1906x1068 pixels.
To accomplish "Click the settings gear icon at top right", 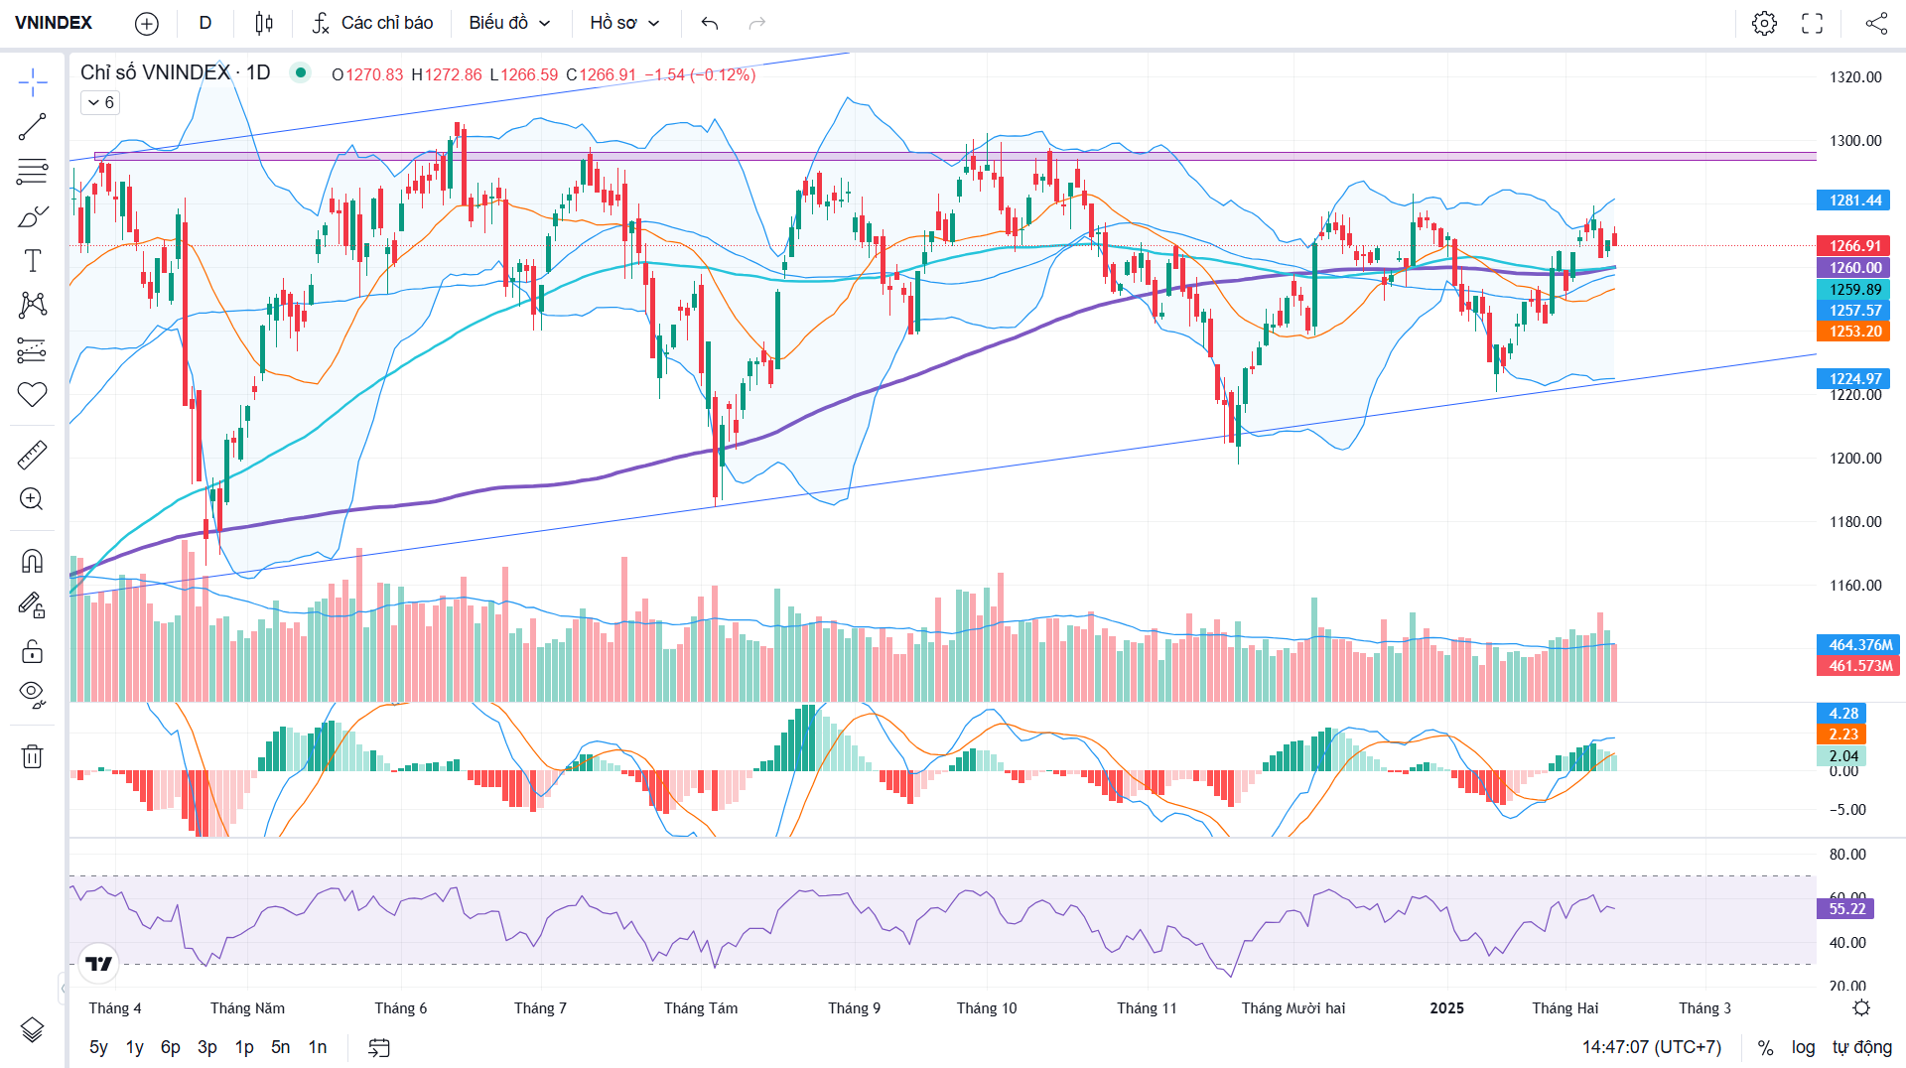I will [x=1764, y=23].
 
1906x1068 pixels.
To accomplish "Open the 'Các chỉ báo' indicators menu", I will [x=372, y=23].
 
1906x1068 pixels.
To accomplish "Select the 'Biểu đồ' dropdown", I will [x=509, y=23].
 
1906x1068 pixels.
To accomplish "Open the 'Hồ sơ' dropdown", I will [x=624, y=23].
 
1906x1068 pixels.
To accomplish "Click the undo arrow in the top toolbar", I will [x=709, y=23].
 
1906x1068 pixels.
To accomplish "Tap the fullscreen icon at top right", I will [x=1812, y=23].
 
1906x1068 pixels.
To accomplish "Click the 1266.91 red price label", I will [x=1854, y=245].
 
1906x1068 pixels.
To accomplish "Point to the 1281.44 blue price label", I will [x=1854, y=200].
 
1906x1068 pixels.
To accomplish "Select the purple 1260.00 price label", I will [x=1854, y=267].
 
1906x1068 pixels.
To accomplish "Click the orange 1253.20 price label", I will [x=1854, y=332].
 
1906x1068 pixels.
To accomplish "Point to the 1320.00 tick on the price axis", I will [x=1854, y=77].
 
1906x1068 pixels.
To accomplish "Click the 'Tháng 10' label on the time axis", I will [x=986, y=1007].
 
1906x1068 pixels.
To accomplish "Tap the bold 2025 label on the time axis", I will [x=1446, y=1007].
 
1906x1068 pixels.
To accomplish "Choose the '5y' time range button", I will [x=98, y=1047].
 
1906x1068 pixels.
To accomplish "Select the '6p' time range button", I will [x=171, y=1047].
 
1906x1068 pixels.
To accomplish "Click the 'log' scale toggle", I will [x=1803, y=1047].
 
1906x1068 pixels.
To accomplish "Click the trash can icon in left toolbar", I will [x=32, y=756].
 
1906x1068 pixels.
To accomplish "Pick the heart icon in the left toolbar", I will [x=32, y=394].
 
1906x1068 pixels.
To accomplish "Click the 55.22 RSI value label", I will [x=1846, y=908].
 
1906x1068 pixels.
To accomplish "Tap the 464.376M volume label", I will [x=1859, y=644].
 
